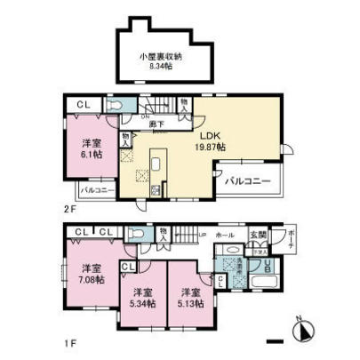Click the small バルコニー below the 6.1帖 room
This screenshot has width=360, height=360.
coord(95,189)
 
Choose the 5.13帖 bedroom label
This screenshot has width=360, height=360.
coord(188,298)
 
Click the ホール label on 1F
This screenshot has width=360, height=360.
coord(226,236)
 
